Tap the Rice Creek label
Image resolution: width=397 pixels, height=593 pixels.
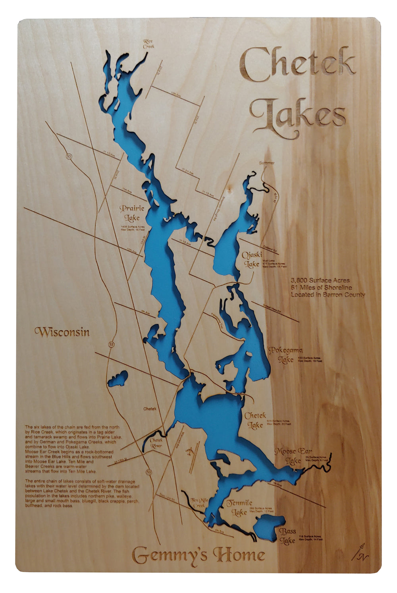148,44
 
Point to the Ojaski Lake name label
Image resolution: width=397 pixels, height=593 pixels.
252,259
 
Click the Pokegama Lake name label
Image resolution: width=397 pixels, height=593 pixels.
285,355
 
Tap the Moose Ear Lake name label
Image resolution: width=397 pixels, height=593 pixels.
294,456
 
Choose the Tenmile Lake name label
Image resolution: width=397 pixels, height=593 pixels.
239,508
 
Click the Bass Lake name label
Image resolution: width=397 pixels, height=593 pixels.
287,536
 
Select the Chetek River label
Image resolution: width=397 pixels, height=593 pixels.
156,443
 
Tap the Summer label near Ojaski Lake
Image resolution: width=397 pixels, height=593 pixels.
266,163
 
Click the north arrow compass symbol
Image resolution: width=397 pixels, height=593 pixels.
360,552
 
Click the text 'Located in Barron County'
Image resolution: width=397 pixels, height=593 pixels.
328,295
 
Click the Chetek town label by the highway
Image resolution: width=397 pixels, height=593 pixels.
150,409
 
